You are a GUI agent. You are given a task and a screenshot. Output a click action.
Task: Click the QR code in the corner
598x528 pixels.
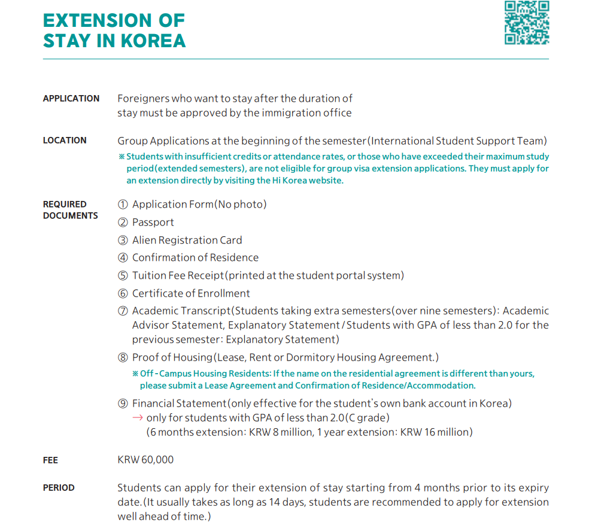(527, 23)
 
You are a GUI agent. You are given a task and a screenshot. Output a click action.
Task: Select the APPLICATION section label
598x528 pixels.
(71, 98)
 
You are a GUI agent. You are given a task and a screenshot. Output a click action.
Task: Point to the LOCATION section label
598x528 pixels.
(65, 140)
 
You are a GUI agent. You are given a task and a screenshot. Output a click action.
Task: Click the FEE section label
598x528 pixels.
(50, 460)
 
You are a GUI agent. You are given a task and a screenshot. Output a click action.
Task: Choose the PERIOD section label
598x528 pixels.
(59, 487)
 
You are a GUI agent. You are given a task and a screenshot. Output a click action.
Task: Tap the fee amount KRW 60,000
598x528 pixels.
(145, 459)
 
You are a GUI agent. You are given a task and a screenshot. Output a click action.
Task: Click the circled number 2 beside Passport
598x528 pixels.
(123, 222)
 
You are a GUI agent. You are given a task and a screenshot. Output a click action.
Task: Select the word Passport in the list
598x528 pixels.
(153, 222)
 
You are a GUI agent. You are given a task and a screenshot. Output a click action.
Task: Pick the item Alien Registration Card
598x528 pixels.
(187, 240)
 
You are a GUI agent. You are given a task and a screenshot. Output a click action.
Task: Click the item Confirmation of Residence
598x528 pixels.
(195, 258)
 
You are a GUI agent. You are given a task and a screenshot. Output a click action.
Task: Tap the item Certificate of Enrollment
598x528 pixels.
(191, 294)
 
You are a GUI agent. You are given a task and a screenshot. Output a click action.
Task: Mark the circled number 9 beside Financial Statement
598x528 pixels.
(123, 404)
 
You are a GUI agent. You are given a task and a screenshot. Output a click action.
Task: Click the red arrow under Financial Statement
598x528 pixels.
(138, 417)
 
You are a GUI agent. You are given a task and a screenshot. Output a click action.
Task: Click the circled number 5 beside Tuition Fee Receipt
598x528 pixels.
(123, 276)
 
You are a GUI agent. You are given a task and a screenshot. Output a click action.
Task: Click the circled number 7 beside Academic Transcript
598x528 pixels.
(123, 311)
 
